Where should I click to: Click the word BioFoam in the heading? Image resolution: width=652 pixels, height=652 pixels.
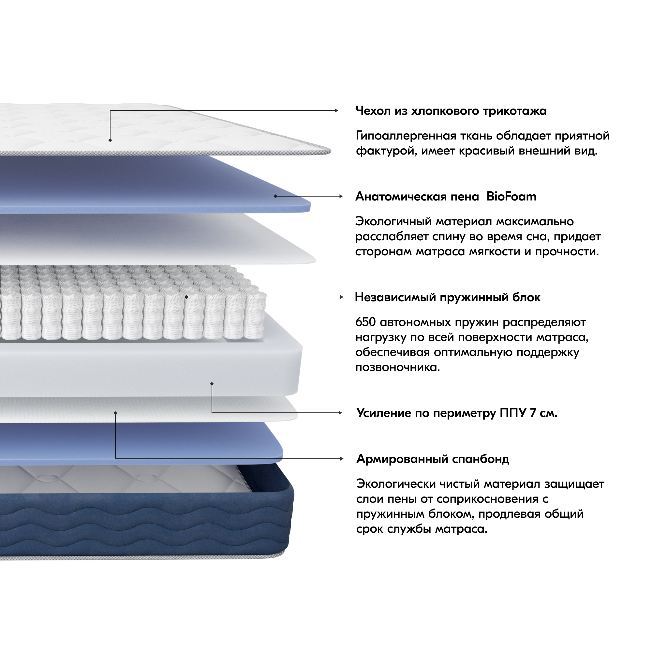(511, 196)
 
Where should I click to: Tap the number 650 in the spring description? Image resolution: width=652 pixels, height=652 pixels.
(365, 322)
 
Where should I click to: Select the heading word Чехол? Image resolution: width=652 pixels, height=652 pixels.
(373, 111)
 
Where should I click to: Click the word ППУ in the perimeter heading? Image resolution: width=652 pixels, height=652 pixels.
(512, 413)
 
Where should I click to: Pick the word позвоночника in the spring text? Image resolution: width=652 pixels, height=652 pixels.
(397, 367)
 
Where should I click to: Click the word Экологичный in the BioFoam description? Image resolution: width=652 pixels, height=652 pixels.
(393, 221)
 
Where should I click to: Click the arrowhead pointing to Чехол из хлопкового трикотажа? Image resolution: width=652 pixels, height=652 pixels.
(336, 111)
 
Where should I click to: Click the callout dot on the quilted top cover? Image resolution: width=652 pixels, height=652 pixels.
(110, 140)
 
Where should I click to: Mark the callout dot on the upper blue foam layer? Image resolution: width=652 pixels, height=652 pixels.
(275, 196)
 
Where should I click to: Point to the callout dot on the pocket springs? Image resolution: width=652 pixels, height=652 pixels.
(186, 297)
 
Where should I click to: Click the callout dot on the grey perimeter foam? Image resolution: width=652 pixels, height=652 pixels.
(212, 384)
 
